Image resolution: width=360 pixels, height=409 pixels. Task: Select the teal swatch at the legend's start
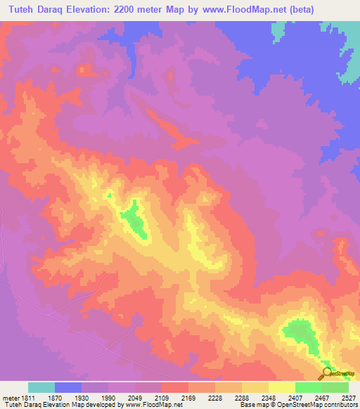coord(41,387)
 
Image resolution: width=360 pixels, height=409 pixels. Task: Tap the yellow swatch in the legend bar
coord(281,387)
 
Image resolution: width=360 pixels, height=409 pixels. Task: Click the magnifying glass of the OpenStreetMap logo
coord(326,372)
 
